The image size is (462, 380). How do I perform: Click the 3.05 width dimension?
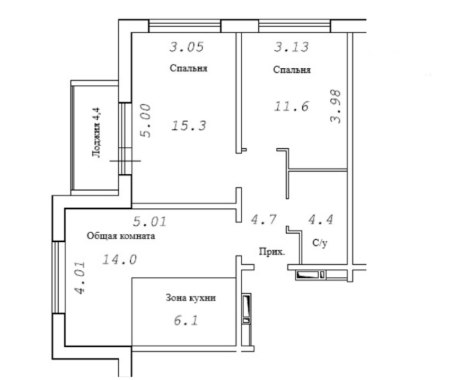point(187,47)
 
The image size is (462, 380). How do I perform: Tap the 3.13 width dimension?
point(291,47)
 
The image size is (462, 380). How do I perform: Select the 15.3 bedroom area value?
point(189,126)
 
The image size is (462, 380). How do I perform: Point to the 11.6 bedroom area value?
point(291,106)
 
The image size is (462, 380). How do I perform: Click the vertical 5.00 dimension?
point(146,121)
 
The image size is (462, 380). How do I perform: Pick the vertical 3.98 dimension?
point(336,106)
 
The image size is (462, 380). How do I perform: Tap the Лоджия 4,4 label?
point(96,133)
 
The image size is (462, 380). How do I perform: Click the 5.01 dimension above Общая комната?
point(150,222)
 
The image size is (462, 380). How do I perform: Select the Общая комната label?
point(121,236)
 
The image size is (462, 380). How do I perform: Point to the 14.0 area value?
point(119,259)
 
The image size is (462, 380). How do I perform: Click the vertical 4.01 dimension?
point(80,278)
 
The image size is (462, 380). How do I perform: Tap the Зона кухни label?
point(191,298)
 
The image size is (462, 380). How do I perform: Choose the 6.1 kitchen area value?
point(186,320)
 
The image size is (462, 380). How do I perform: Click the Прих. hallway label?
point(272,252)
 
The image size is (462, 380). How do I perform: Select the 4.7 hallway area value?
point(264,220)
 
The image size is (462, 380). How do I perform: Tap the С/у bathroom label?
point(320,243)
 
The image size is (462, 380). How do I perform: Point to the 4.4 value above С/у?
point(321,220)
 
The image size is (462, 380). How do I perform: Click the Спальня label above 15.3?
point(189,68)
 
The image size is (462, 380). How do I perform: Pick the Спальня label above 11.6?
point(291,70)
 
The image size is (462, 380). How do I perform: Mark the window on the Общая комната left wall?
point(59,278)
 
